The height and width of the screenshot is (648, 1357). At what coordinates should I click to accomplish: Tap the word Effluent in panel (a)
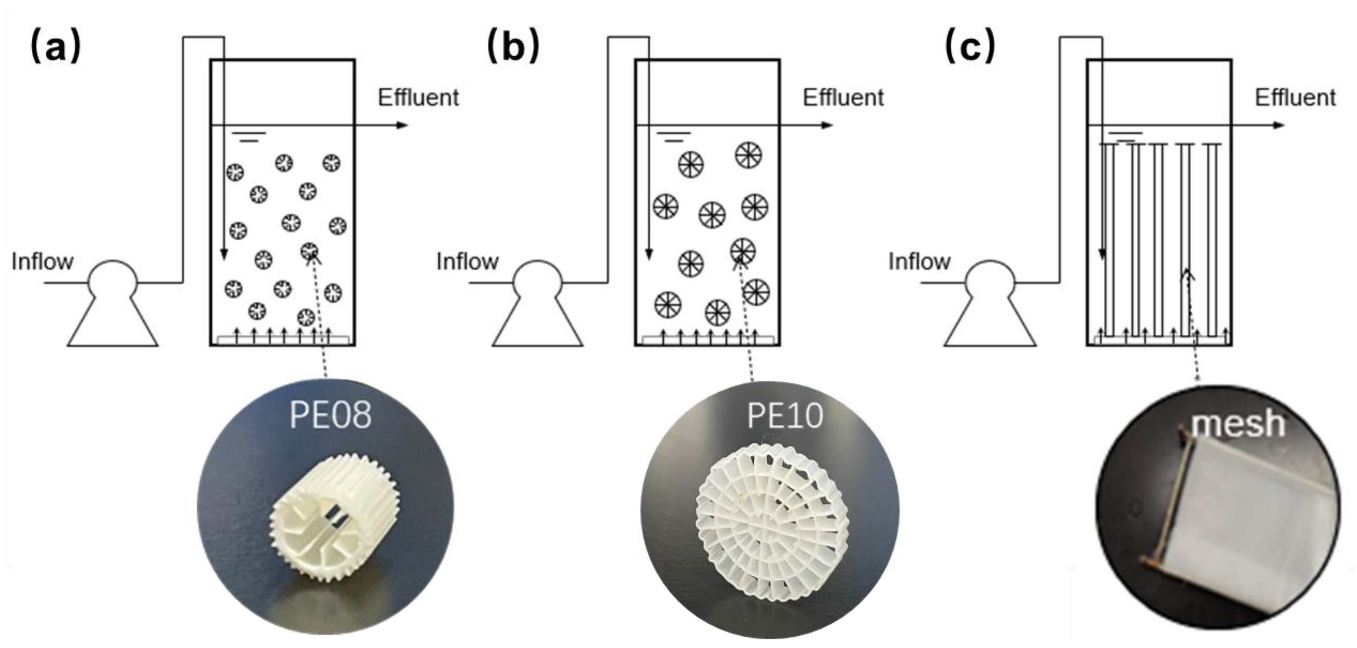pyautogui.click(x=418, y=98)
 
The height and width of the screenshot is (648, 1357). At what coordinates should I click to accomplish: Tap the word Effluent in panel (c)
pyautogui.click(x=1295, y=98)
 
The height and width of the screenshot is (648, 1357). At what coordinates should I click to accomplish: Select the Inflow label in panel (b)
pyautogui.click(x=467, y=261)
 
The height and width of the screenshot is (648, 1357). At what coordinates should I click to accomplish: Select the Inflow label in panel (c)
pyautogui.click(x=919, y=261)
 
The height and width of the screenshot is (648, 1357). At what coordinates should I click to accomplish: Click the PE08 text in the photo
pyautogui.click(x=330, y=415)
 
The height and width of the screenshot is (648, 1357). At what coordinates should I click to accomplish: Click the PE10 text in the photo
pyautogui.click(x=785, y=415)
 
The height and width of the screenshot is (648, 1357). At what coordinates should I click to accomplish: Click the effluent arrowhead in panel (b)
pyautogui.click(x=827, y=125)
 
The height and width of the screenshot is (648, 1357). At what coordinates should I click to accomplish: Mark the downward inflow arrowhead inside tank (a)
pyautogui.click(x=224, y=255)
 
